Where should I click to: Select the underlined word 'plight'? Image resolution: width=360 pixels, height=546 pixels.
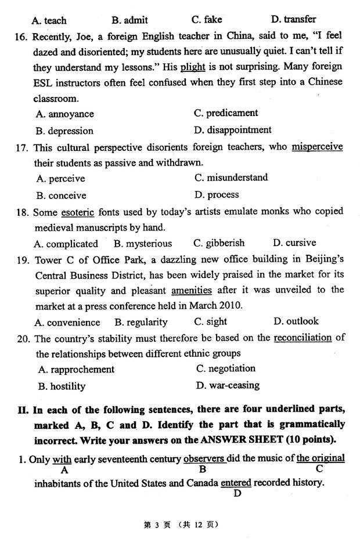pos(193,67)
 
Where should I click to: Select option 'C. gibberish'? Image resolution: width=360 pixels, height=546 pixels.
pos(218,243)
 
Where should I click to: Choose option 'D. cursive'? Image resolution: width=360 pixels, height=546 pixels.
pos(294,243)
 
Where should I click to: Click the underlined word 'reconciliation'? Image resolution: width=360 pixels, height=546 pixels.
pos(303,338)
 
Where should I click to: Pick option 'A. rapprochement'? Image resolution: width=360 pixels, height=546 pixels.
pos(76,369)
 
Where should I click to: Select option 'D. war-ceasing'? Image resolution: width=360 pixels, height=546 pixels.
pos(228,385)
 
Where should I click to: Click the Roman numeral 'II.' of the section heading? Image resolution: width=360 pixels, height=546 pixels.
pos(23,410)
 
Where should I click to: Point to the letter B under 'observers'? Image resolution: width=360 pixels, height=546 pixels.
pos(203,469)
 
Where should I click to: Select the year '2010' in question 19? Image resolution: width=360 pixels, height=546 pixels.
pos(229,306)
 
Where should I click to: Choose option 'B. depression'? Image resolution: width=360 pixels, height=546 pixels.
pos(64,131)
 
